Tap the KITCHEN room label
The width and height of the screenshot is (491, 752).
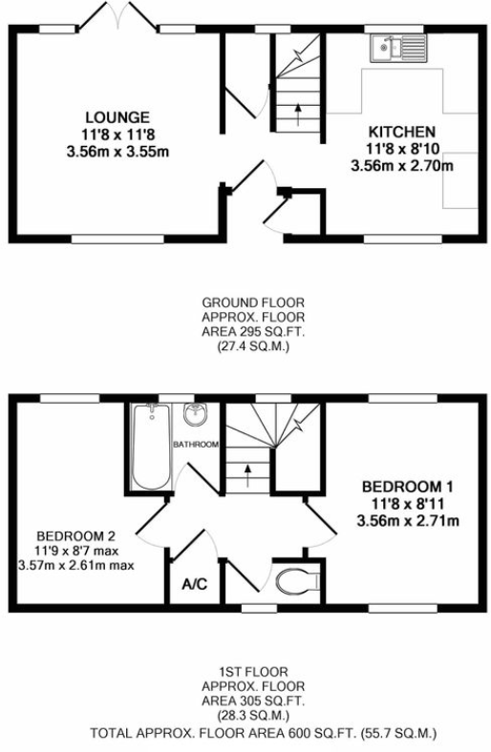402,131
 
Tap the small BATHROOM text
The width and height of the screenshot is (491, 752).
196,445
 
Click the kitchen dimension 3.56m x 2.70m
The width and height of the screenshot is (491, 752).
402,165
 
